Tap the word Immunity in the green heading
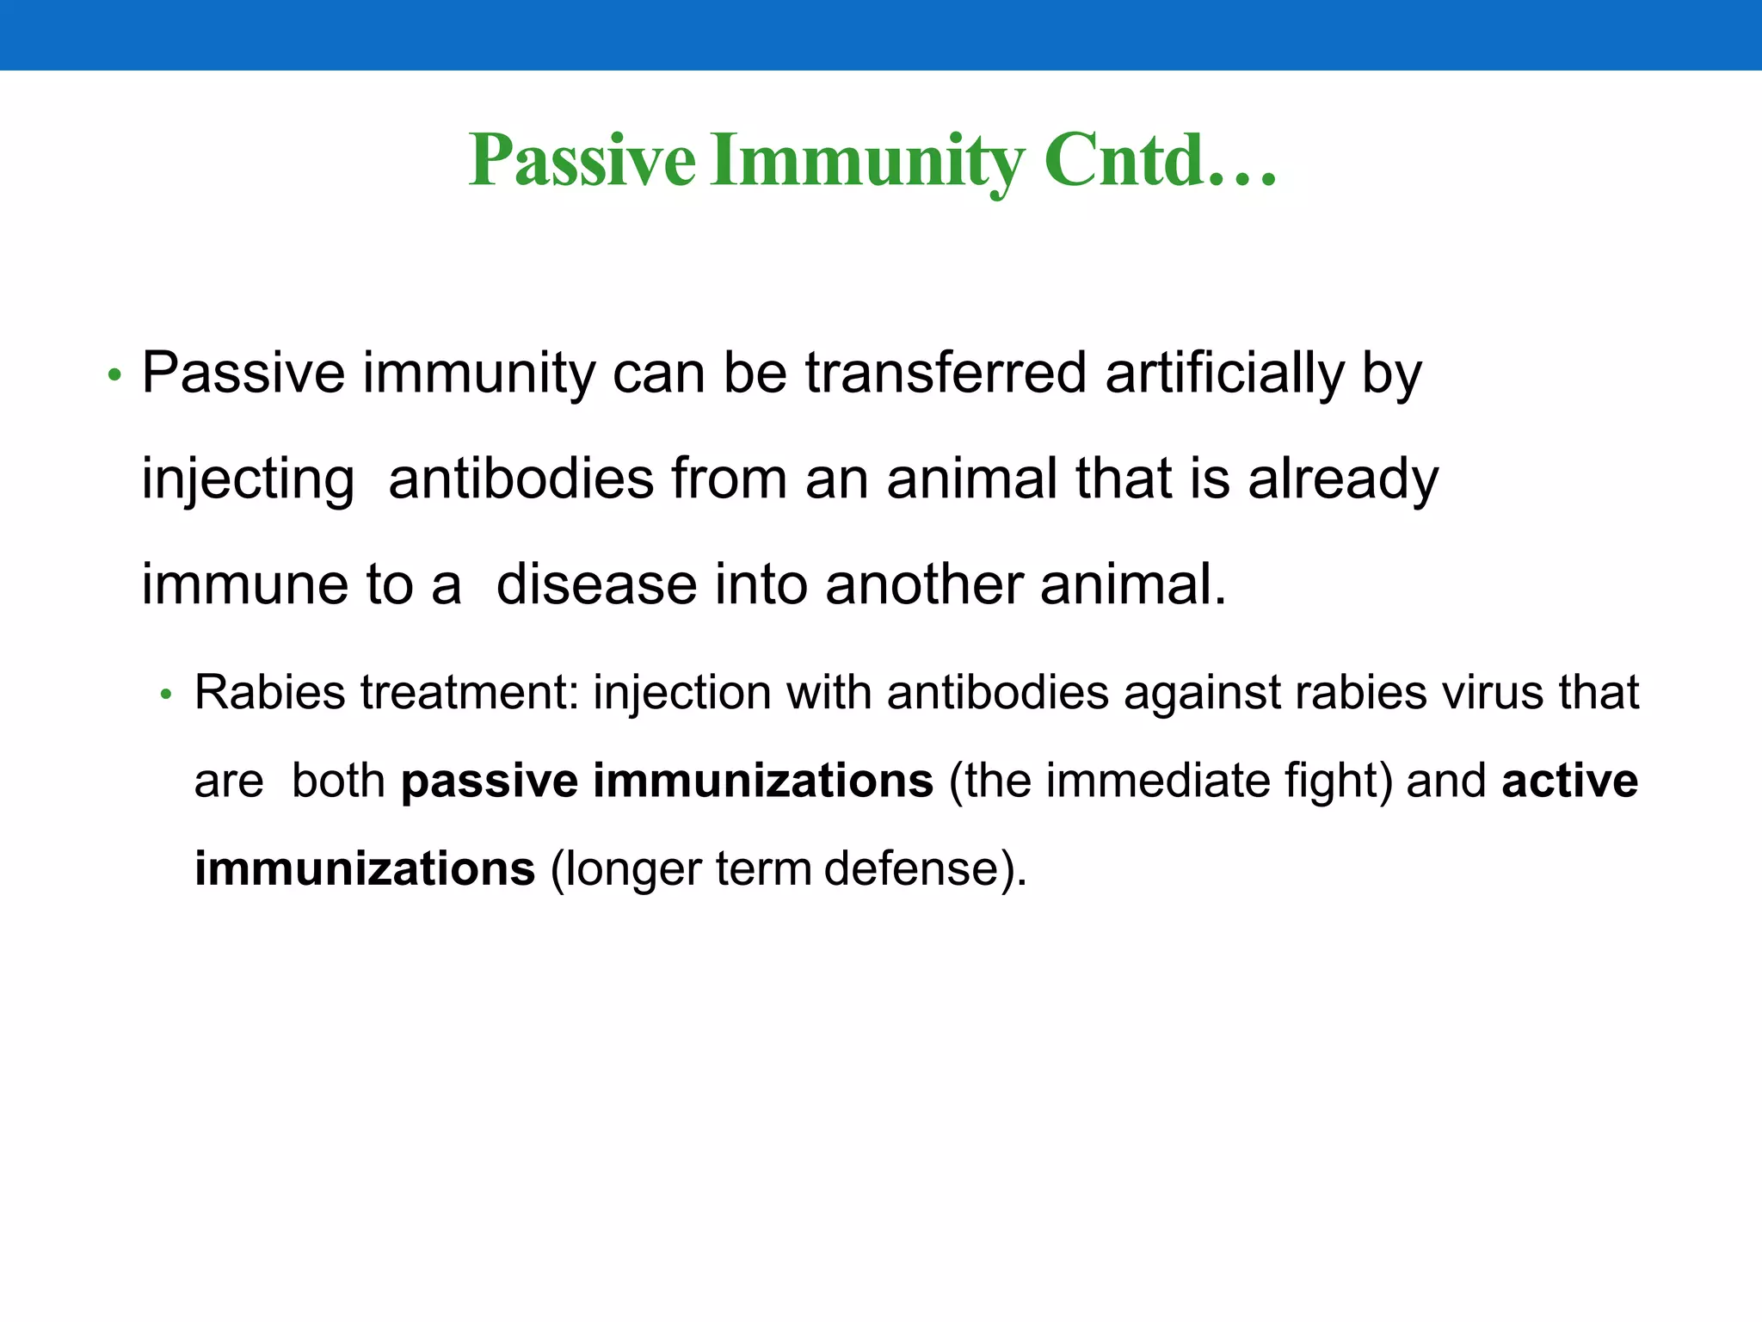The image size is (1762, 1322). coord(868,161)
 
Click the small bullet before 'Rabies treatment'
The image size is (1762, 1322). coord(167,694)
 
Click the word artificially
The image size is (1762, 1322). coord(1223,374)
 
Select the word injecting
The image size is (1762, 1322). coord(248,480)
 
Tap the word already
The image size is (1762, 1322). coord(1343,479)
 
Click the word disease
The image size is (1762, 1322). coord(596,584)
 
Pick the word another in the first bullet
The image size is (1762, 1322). coord(923,584)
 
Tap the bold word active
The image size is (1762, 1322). coord(1569,781)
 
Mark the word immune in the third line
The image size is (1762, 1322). coord(245,584)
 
